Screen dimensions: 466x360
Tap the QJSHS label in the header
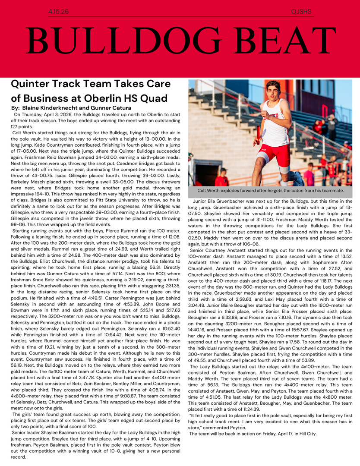coord(301,12)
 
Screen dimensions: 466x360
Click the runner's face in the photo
coord(273,92)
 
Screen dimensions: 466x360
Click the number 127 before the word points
coord(16,127)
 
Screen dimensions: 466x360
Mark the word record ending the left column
coord(19,457)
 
